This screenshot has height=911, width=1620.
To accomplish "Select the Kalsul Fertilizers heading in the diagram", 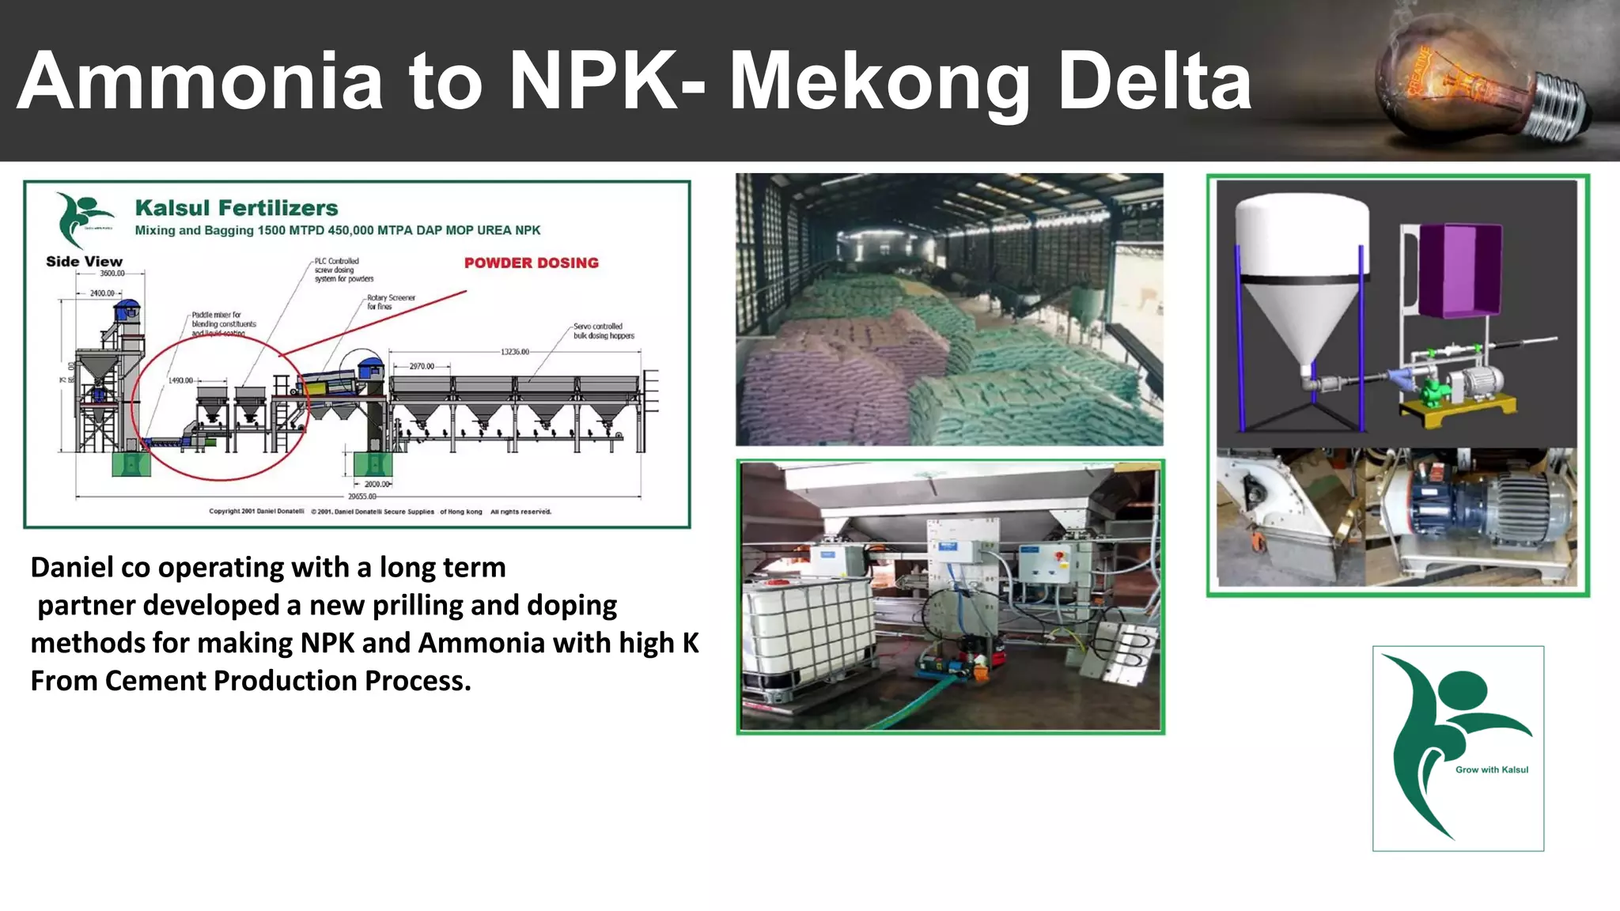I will (x=237, y=208).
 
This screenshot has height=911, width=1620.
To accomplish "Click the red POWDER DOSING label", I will (x=531, y=263).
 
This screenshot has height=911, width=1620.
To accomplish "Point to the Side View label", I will (x=84, y=262).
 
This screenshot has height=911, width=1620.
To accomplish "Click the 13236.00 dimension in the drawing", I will (x=514, y=351).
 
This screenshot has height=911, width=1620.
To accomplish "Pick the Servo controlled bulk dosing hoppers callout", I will (x=603, y=331).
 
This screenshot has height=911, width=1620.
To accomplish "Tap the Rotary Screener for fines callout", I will (x=391, y=302).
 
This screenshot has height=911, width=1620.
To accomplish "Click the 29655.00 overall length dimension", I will (x=361, y=497).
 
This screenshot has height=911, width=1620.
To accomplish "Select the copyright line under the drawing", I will (x=380, y=512).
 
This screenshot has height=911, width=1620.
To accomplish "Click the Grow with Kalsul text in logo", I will (x=1491, y=769).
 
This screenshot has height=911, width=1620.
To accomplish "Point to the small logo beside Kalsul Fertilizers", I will (x=82, y=217).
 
